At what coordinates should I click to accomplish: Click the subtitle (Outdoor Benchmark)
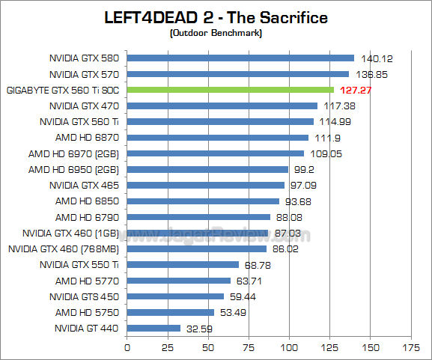(216, 33)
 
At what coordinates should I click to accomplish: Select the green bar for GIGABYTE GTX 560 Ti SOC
(231, 90)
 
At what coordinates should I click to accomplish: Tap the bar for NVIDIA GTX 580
(240, 58)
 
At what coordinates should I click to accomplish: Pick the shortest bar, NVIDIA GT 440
(153, 328)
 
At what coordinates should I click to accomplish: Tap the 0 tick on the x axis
(127, 347)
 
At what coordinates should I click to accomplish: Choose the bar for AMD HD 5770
(179, 281)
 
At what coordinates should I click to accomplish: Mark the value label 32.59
(199, 328)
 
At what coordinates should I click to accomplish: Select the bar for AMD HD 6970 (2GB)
(216, 153)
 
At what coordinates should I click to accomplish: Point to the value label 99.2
(305, 169)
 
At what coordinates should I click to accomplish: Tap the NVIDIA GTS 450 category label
(85, 296)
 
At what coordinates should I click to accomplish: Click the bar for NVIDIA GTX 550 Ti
(183, 264)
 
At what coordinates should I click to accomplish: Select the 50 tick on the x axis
(208, 347)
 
